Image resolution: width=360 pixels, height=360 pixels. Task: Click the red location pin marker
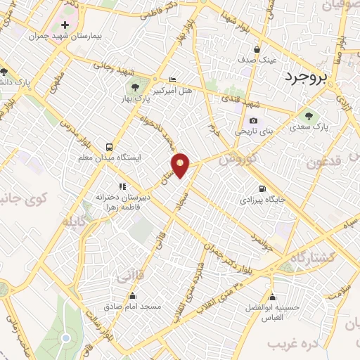pos(181,165)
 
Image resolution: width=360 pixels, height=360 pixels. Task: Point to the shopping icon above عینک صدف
pos(257,50)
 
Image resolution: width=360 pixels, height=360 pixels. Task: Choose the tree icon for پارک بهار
pos(134,87)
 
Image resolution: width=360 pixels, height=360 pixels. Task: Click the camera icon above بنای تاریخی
pos(252,121)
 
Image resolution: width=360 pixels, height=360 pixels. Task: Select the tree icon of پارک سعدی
pos(308,116)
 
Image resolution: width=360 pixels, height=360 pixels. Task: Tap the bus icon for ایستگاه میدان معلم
pos(109,147)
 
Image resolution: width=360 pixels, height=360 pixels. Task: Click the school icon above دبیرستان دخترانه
pos(122,186)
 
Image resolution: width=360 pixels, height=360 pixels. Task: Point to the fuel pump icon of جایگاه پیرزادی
pos(262,188)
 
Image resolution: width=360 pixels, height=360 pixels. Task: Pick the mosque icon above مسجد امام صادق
pos(133,295)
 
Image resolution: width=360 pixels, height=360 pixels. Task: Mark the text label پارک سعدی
pos(309,127)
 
